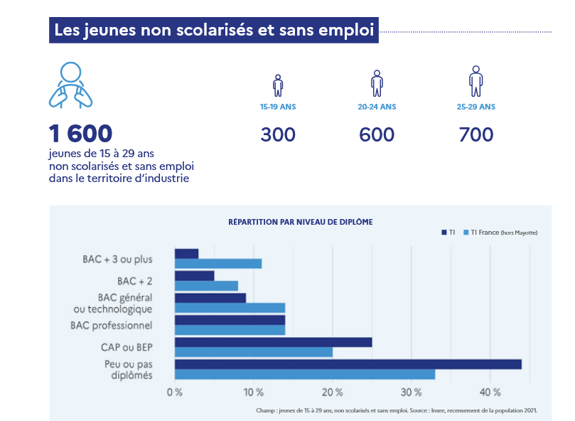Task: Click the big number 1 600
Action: [80, 134]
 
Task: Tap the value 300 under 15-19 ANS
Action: [278, 134]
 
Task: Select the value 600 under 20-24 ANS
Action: [377, 134]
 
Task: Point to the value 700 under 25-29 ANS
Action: [475, 134]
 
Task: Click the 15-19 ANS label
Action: [278, 107]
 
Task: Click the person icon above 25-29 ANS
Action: [475, 81]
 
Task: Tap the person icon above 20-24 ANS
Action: [377, 82]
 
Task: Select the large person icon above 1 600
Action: [70, 85]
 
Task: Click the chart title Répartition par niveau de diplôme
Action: [300, 222]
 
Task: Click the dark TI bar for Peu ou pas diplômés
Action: [348, 364]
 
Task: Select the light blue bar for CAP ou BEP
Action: [253, 352]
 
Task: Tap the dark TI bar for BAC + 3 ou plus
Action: [186, 254]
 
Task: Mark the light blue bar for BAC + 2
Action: [206, 286]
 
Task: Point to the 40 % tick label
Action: [490, 393]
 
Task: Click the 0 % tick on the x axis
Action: [175, 393]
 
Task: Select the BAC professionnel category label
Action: [111, 325]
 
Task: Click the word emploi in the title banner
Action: [344, 31]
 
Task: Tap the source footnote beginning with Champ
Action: [396, 410]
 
